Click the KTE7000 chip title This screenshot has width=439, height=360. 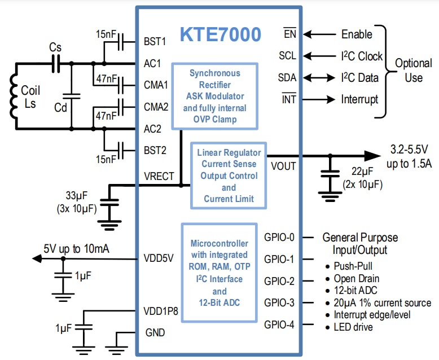tap(221, 35)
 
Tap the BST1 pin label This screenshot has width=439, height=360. tap(154, 41)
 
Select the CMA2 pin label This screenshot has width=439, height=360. tap(156, 107)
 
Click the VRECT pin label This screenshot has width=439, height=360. tap(159, 175)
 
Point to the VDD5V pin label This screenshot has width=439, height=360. tap(159, 259)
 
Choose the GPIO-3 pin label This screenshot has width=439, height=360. tap(279, 303)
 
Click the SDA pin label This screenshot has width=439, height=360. tap(287, 78)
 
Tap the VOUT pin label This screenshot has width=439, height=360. tap(284, 166)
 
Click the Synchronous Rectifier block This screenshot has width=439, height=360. tap(214, 96)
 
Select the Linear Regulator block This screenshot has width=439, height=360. tap(229, 175)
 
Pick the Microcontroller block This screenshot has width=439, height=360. tap(219, 273)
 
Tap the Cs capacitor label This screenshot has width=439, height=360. tap(55, 47)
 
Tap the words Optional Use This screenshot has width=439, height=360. tap(413, 70)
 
